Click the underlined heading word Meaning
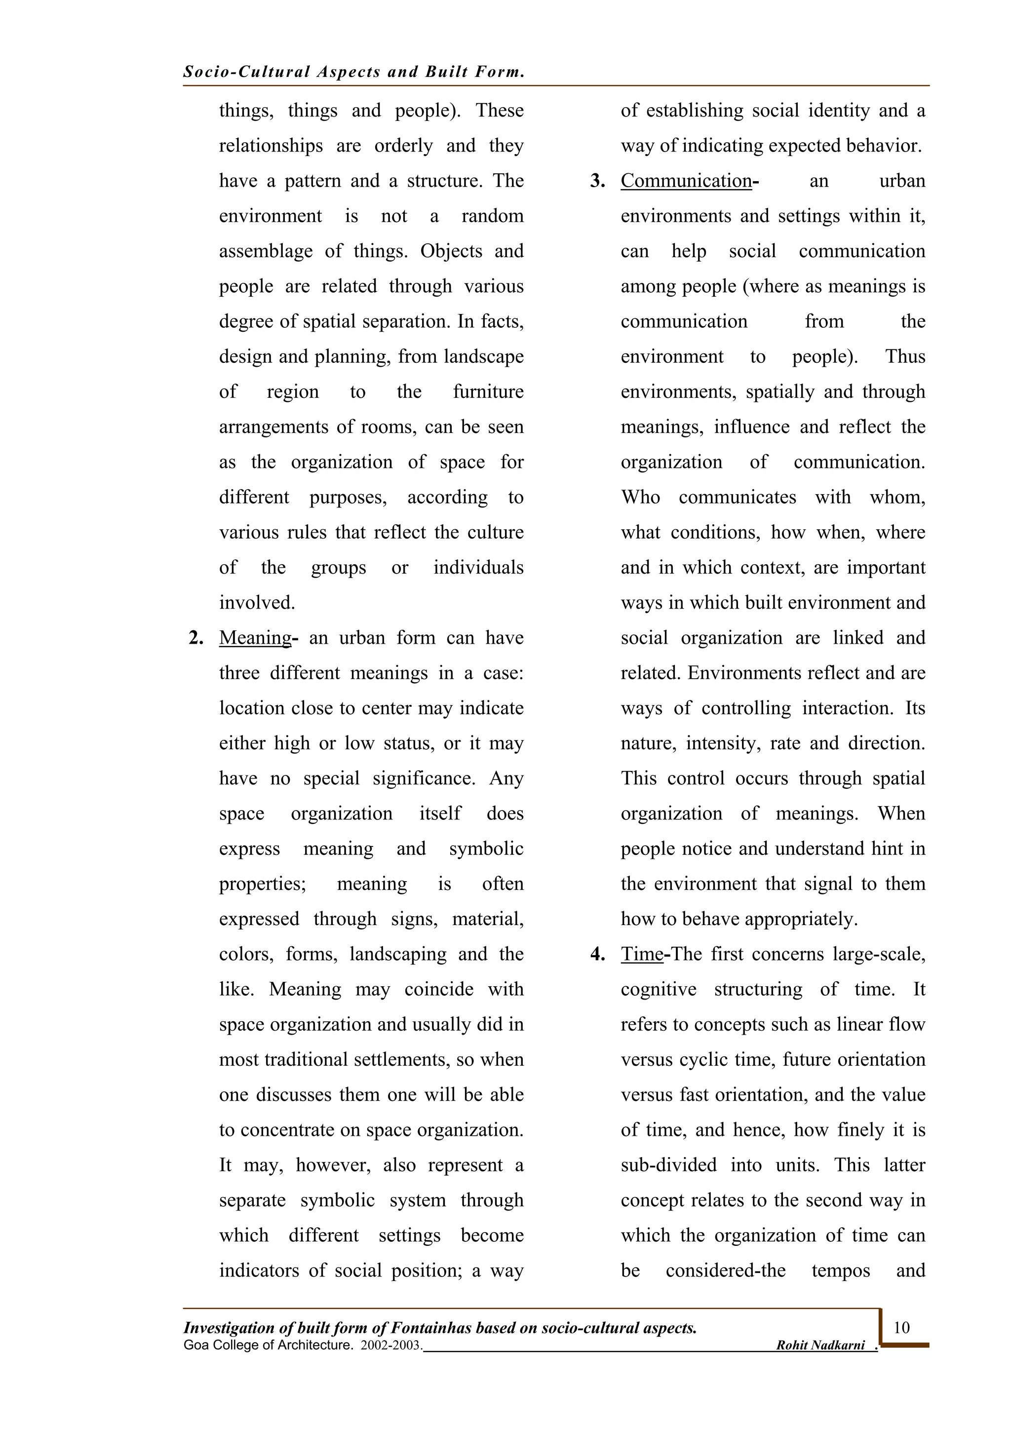pyautogui.click(x=255, y=638)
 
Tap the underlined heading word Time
pyautogui.click(x=642, y=954)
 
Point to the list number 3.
pyautogui.click(x=597, y=181)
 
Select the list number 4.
pyautogui.click(x=597, y=955)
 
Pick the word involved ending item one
pyautogui.click(x=257, y=603)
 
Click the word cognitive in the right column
pyautogui.click(x=659, y=989)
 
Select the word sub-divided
pyautogui.click(x=668, y=1165)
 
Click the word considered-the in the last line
pyautogui.click(x=725, y=1271)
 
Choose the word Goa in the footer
pyautogui.click(x=196, y=1345)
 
